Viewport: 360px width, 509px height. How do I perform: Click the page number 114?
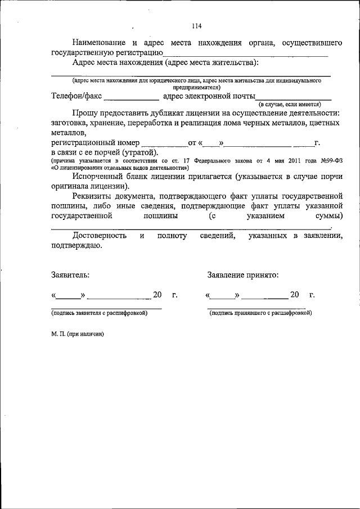pos(196,26)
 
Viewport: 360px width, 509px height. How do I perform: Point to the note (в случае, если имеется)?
pos(289,105)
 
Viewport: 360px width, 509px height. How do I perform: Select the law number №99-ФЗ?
pos(332,160)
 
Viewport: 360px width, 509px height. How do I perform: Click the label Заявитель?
pos(70,275)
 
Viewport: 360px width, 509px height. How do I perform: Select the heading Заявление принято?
pos(242,275)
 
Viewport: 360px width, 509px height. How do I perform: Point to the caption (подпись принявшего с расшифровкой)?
pos(260,313)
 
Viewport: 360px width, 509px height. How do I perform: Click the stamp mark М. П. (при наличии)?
pos(78,334)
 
